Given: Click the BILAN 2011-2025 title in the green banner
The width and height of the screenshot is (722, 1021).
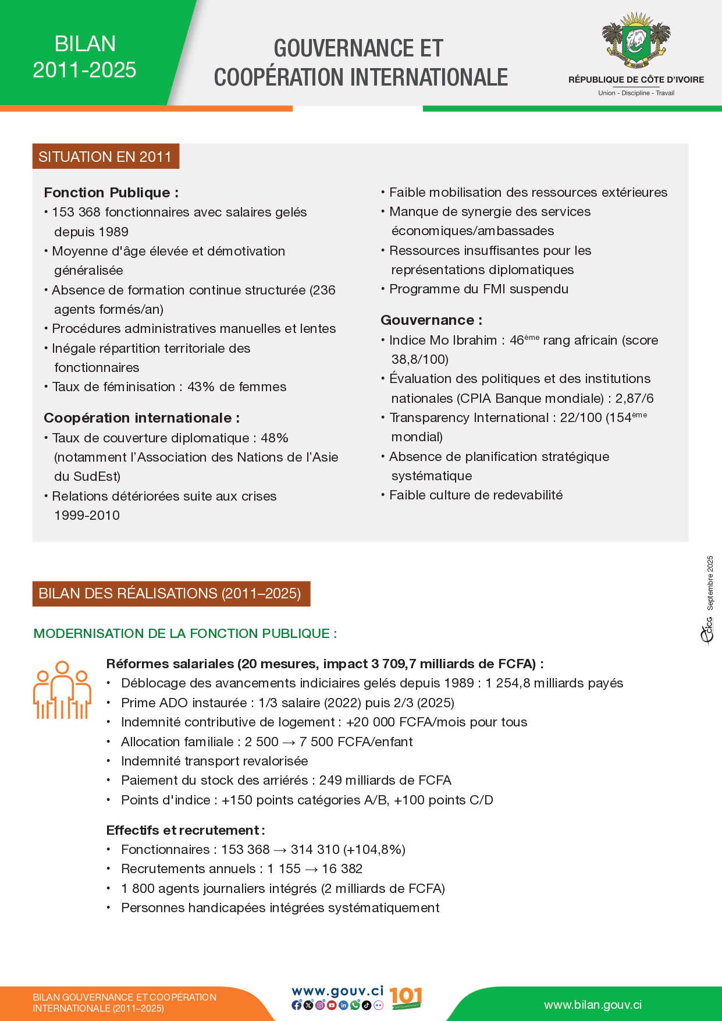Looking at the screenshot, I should click(x=84, y=57).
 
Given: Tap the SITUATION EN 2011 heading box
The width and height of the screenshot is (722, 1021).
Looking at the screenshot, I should click(x=105, y=157).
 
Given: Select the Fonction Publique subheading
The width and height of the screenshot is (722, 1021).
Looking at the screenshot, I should click(x=111, y=193).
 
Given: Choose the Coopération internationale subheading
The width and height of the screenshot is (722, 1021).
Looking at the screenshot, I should click(x=141, y=418).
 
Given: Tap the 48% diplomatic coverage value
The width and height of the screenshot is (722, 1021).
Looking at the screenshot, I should click(x=275, y=438).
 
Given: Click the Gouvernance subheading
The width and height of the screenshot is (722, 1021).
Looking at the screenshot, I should click(x=431, y=320).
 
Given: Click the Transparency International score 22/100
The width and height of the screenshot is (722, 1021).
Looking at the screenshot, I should click(x=581, y=418).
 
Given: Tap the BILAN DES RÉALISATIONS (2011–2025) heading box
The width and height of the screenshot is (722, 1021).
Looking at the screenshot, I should click(x=171, y=594).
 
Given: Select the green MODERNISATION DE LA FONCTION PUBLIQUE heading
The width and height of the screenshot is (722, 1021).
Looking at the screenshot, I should click(x=185, y=633).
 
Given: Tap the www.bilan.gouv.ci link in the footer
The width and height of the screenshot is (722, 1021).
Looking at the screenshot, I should click(x=593, y=1005).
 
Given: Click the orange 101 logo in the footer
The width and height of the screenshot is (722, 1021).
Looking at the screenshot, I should click(x=405, y=998).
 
